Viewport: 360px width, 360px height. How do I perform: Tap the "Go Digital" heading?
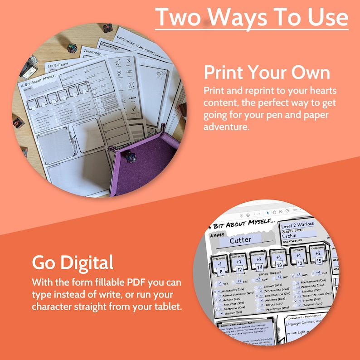(x=73, y=262)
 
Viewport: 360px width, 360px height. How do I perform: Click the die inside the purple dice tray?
(x=131, y=157)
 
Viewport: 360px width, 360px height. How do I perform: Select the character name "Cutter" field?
(x=240, y=240)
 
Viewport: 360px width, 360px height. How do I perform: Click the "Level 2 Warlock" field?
(x=297, y=225)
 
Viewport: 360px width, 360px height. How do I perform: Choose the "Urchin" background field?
(x=290, y=236)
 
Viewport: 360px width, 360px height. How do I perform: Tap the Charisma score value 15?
(x=319, y=261)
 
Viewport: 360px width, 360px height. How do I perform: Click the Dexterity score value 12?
(x=239, y=269)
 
